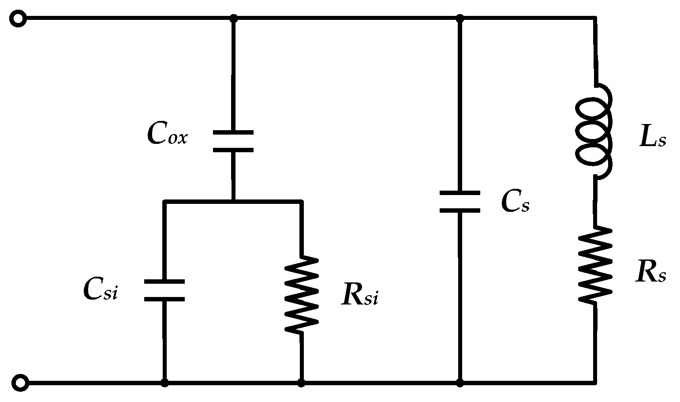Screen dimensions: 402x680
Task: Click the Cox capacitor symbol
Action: click(x=233, y=141)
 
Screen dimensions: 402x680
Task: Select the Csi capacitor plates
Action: click(x=164, y=290)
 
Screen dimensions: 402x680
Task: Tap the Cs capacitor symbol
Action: click(x=460, y=202)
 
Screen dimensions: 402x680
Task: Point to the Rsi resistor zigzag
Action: click(x=301, y=294)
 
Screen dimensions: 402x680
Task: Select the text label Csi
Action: click(x=101, y=290)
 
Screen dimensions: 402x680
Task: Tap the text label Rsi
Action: click(x=359, y=296)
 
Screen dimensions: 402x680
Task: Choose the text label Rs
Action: click(x=651, y=272)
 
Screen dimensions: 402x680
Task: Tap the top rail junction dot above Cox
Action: click(x=234, y=19)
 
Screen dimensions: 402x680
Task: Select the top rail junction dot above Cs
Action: click(x=460, y=19)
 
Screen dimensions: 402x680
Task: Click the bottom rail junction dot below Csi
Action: click(x=164, y=383)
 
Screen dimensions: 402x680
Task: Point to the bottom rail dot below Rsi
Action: click(x=301, y=383)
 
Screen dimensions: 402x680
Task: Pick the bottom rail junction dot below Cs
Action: click(x=460, y=383)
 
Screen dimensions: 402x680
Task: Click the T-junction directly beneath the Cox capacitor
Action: click(x=233, y=201)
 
